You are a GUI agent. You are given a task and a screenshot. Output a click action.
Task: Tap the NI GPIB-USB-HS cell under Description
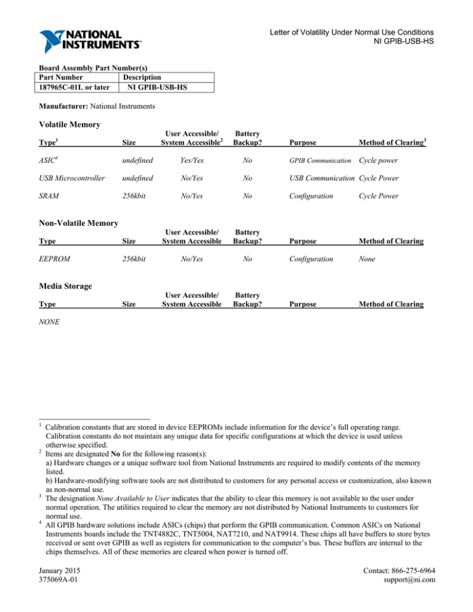[x=158, y=87]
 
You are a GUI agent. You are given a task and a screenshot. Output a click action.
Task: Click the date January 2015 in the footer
[x=60, y=569]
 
